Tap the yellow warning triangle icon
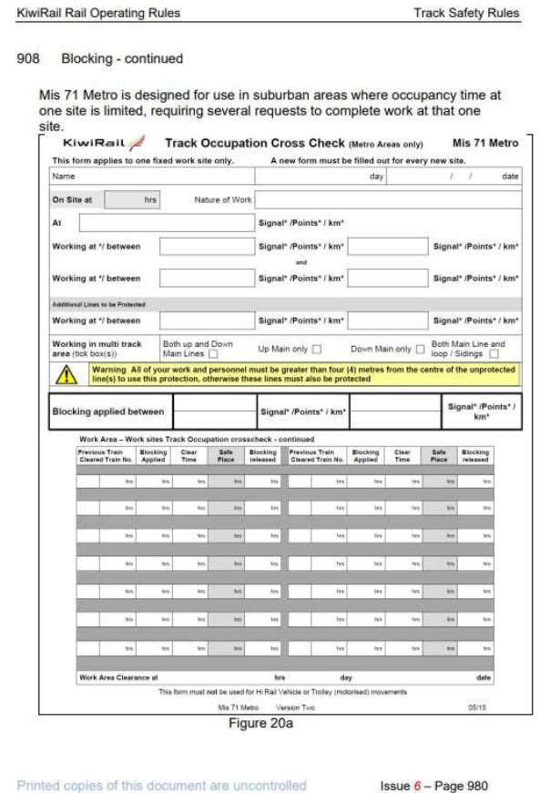pos(67,375)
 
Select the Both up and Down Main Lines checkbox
pos(213,354)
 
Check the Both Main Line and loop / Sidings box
pos(494,354)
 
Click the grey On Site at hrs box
pos(133,199)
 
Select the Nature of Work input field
pos(387,199)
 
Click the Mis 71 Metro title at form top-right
pos(484,143)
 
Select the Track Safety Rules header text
pos(465,13)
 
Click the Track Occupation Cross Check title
pos(255,143)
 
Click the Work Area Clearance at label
pos(118,677)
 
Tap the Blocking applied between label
pos(108,412)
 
